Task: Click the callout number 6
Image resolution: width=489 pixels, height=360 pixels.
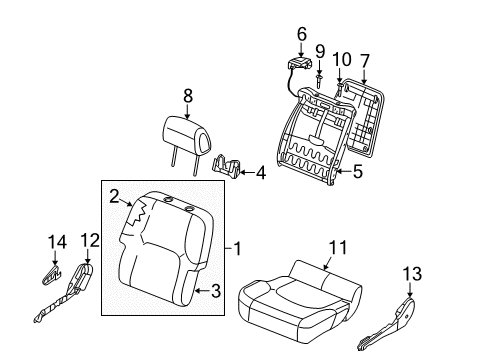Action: (301, 34)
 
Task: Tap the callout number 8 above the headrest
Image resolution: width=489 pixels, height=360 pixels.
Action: (188, 96)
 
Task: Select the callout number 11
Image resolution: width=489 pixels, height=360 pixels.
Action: (338, 248)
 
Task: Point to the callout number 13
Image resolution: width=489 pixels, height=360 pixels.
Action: (412, 274)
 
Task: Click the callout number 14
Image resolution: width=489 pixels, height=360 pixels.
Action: (57, 242)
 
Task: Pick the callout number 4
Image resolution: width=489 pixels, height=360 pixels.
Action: (261, 173)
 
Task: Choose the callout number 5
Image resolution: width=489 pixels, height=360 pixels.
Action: (358, 172)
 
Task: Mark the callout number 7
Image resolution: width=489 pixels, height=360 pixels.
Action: (365, 61)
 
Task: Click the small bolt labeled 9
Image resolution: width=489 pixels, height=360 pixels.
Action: (319, 81)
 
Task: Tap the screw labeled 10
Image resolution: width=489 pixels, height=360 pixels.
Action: (340, 89)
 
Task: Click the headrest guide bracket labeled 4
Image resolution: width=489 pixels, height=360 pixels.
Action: (226, 166)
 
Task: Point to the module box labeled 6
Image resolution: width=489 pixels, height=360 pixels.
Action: (300, 64)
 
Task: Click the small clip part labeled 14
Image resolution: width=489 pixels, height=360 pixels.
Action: (52, 274)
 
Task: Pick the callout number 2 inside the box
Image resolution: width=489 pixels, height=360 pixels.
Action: (114, 197)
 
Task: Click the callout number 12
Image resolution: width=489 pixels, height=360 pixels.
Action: (90, 241)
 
